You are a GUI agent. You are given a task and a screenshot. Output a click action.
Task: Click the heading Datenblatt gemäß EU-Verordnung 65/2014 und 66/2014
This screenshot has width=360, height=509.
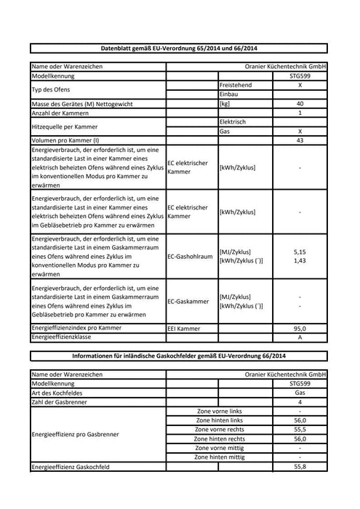pyautogui.click(x=179, y=48)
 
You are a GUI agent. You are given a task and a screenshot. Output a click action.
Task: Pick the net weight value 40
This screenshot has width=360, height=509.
pyautogui.click(x=300, y=104)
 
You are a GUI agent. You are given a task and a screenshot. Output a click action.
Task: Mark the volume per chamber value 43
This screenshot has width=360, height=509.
pyautogui.click(x=300, y=140)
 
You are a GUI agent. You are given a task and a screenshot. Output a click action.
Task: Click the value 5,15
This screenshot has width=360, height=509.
pyautogui.click(x=300, y=251)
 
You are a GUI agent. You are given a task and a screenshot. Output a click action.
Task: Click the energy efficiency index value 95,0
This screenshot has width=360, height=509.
pyautogui.click(x=300, y=329)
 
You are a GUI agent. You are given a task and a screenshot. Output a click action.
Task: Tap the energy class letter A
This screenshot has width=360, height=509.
pyautogui.click(x=300, y=337)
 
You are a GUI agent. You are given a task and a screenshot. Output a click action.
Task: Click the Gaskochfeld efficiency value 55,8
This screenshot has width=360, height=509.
pyautogui.click(x=300, y=467)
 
